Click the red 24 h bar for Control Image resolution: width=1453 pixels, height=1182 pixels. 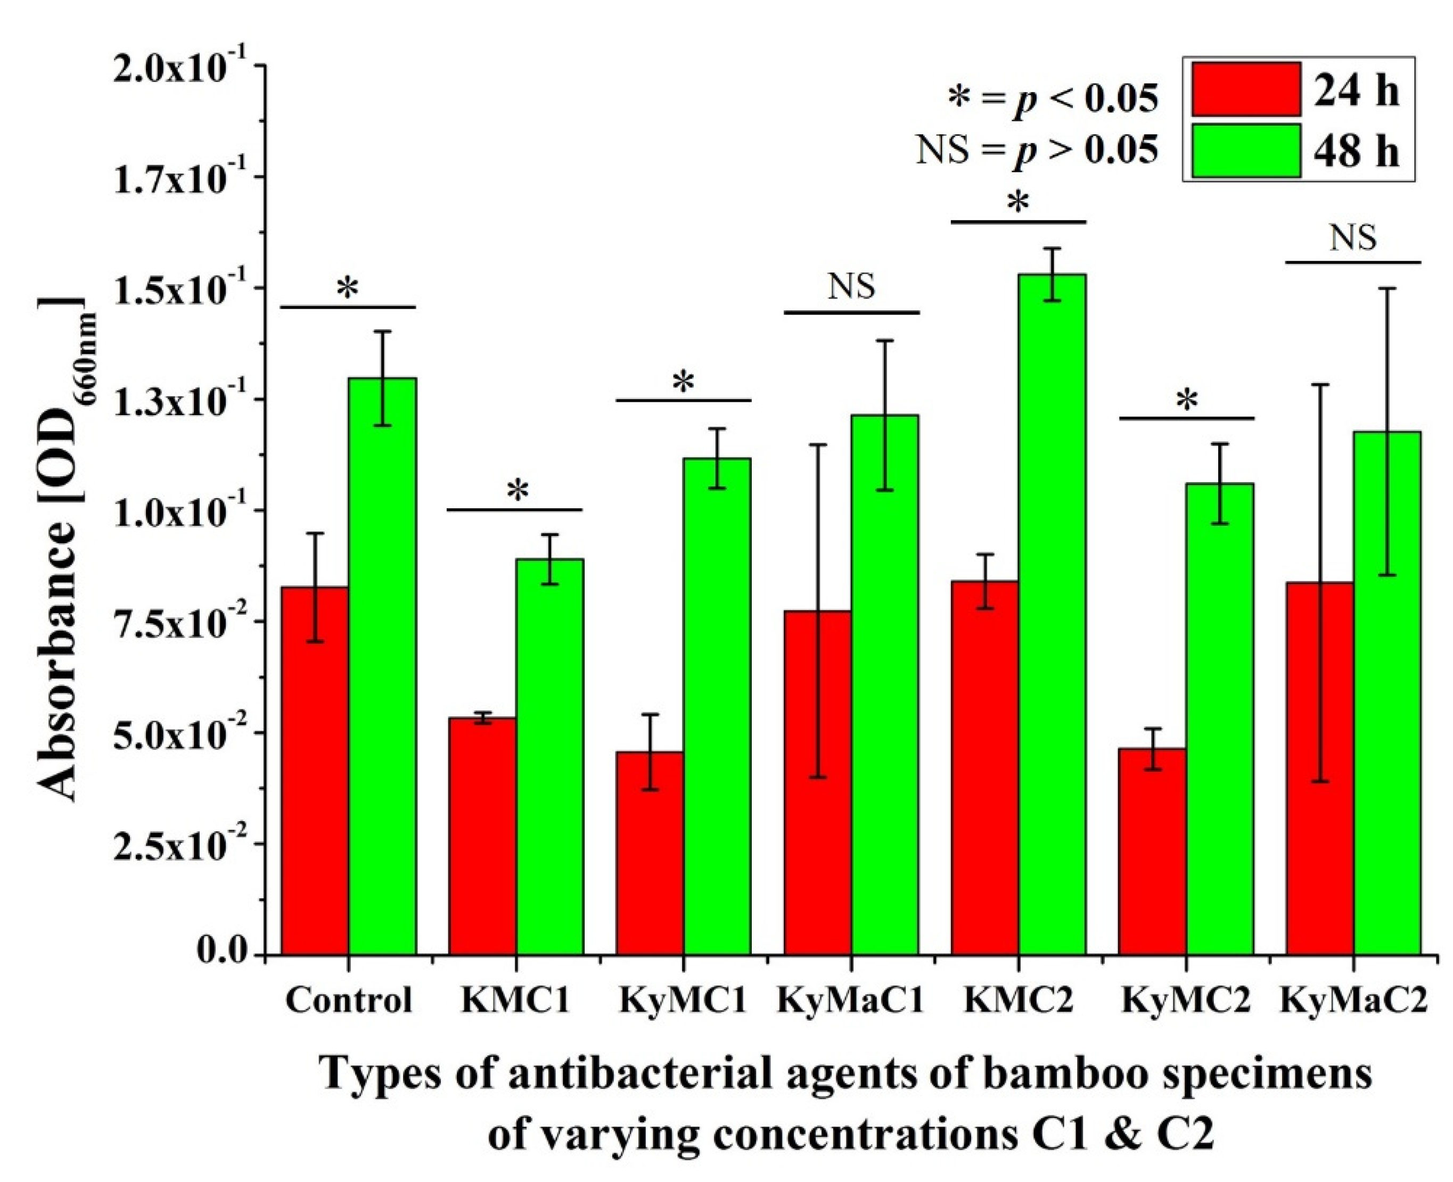point(315,770)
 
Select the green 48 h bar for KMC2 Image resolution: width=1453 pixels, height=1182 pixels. point(1053,613)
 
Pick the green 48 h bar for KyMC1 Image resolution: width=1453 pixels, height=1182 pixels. point(717,705)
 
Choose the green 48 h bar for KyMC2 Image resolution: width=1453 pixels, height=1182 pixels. point(1220,718)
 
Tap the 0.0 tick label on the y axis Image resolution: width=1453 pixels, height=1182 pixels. point(221,953)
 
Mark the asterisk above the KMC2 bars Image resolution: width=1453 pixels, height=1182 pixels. point(1019,203)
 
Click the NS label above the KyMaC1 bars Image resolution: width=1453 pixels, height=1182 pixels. point(851,287)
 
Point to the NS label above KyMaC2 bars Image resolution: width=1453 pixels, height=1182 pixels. point(1353,238)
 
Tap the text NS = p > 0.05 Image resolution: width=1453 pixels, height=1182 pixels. point(1036,149)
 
